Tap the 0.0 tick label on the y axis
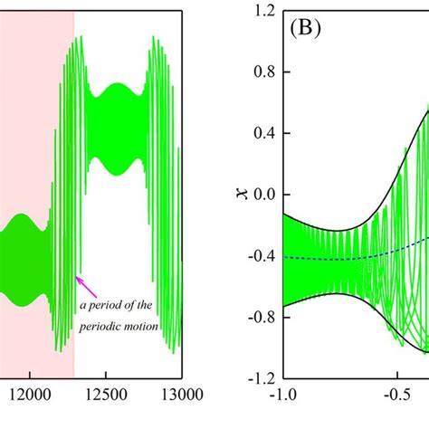click(x=264, y=195)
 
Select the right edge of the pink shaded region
click(x=74, y=181)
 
